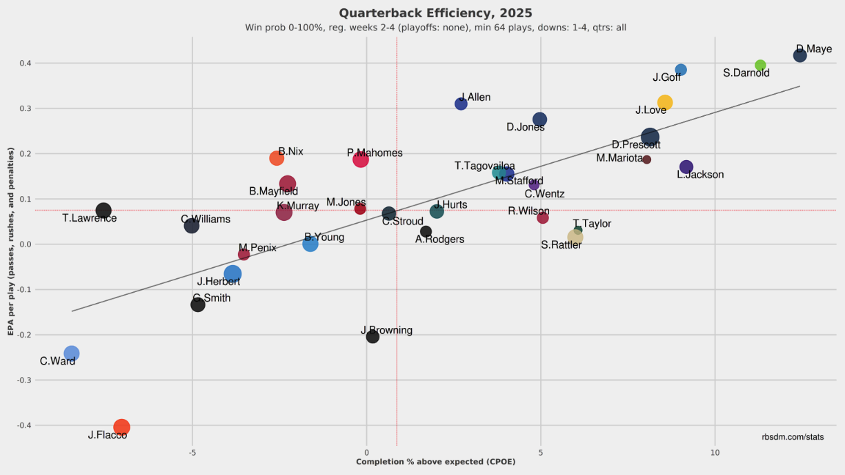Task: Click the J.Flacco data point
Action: pos(121,427)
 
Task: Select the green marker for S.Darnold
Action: pos(760,66)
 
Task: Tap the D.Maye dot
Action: pos(799,55)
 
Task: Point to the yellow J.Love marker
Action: pos(664,102)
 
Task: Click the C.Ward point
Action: pos(71,353)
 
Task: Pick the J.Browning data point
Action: pos(372,337)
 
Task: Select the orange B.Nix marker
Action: pos(277,158)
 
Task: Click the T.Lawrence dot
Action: pos(103,211)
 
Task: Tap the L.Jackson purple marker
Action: pos(686,167)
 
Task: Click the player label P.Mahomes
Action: pos(375,153)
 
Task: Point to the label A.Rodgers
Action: pos(439,240)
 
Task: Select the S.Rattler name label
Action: pos(561,244)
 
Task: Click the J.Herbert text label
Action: pos(219,282)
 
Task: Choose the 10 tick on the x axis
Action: pos(715,453)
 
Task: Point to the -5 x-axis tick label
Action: pos(192,453)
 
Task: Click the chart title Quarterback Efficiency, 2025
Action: pos(435,13)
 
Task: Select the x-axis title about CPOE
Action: pos(435,462)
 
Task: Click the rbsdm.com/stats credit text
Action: pos(793,437)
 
